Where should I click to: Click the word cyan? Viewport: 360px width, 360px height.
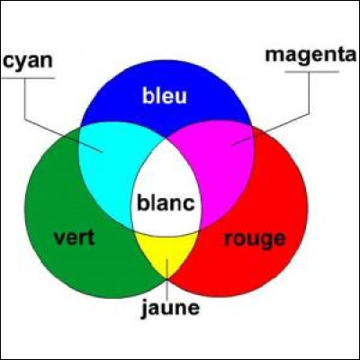coord(28,62)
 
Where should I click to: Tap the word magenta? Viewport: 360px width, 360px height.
coord(310,56)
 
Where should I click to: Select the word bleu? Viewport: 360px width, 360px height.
coord(165,95)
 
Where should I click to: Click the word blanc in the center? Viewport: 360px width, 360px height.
coord(166,202)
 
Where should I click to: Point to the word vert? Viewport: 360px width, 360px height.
coord(74,238)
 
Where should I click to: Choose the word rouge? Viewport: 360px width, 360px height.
coord(255,239)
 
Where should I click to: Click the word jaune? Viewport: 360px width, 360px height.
coord(170,309)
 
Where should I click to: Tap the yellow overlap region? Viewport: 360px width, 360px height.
coord(166,250)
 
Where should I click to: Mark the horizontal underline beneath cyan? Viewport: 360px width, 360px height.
coord(29,78)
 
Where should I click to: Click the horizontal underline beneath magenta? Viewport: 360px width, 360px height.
coord(312,72)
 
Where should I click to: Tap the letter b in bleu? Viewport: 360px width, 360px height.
coord(148,95)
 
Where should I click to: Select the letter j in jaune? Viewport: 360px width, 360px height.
coord(145,309)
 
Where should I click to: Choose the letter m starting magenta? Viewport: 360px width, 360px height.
coord(274,57)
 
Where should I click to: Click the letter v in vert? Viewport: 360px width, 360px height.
coord(59,239)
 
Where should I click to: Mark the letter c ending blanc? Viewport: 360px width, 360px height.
coord(189,204)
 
